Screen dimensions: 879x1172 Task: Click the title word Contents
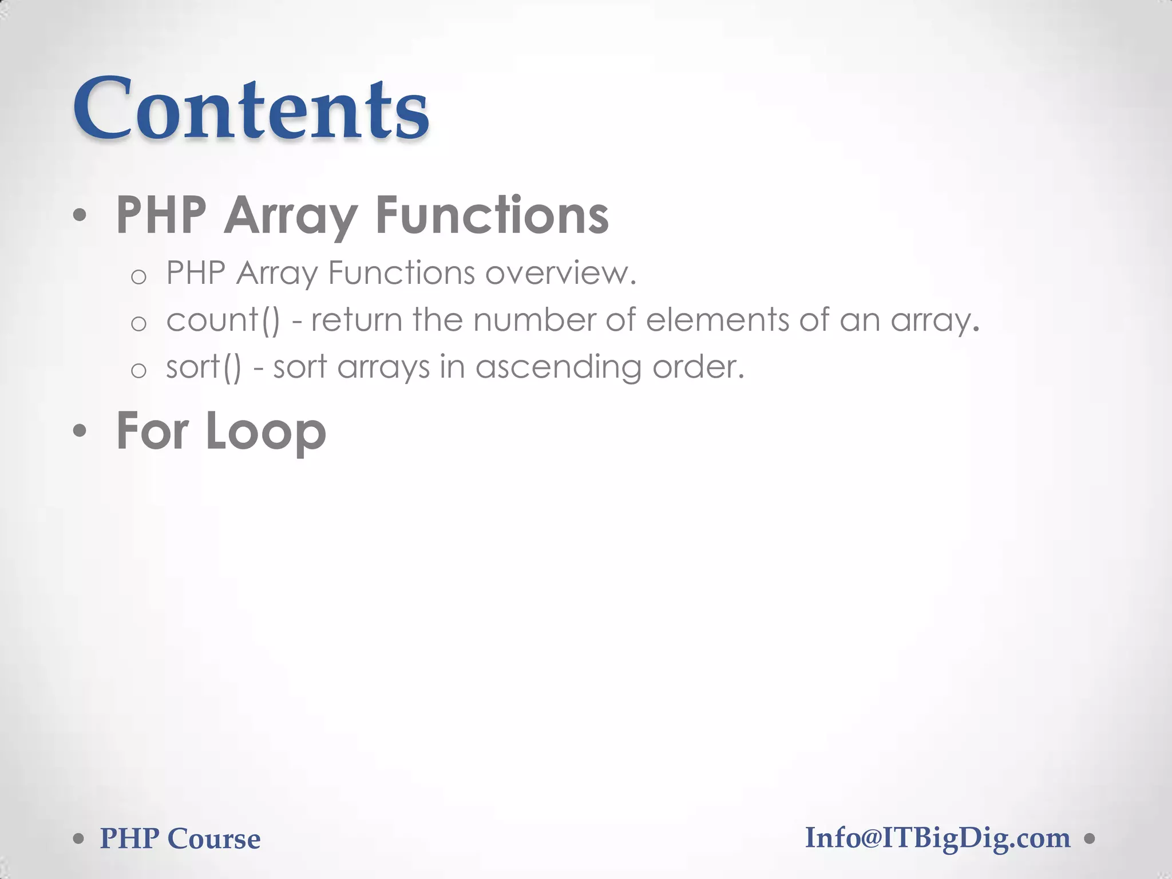point(251,109)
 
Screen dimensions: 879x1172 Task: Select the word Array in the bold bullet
point(290,216)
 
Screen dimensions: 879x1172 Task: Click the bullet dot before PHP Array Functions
point(80,216)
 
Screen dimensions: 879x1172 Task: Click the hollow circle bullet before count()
point(138,324)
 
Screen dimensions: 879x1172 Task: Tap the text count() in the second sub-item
point(223,320)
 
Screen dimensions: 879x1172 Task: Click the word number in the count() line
point(534,320)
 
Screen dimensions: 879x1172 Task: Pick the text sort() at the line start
point(204,367)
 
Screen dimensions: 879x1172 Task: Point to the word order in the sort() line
point(693,367)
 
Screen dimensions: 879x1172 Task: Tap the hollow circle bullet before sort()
point(138,371)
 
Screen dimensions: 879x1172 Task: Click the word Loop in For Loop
point(266,432)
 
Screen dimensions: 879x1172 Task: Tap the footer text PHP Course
point(180,839)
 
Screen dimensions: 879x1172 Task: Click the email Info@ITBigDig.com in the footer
point(937,838)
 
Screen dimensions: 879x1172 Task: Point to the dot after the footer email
point(1090,839)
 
